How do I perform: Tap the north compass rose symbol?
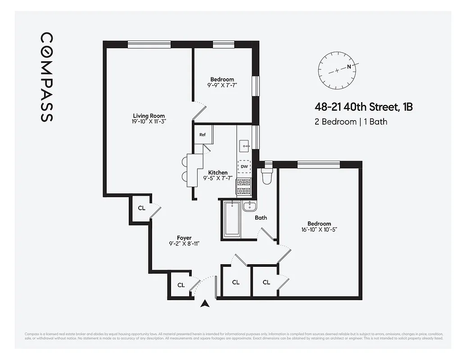coord(337,70)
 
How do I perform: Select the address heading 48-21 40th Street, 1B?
coord(363,107)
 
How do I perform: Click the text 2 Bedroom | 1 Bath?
coord(351,121)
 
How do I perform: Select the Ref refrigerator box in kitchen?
coord(203,135)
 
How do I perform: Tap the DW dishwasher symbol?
coord(244,166)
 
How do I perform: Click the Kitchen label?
coord(217,172)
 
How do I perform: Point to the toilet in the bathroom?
coord(267,176)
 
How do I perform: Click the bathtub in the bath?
coord(232,219)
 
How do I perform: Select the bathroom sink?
coord(249,207)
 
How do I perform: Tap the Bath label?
coord(261,218)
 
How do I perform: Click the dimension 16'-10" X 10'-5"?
coord(319,229)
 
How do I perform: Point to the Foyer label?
coord(184,238)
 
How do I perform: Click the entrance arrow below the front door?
coord(205,304)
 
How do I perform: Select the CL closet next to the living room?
coord(141,208)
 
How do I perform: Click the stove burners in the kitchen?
coord(244,186)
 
